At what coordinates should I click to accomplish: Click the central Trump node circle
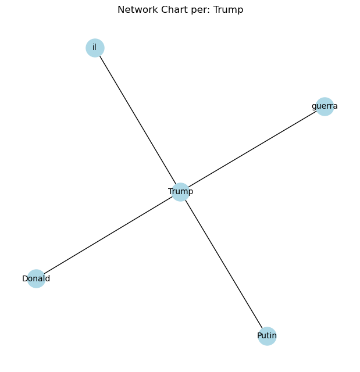tap(180, 192)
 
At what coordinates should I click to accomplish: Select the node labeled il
tap(95, 48)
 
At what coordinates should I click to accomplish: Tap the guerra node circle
tap(325, 106)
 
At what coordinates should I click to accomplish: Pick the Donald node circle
tap(36, 279)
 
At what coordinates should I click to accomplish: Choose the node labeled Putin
tap(267, 336)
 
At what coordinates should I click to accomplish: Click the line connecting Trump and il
tap(138, 120)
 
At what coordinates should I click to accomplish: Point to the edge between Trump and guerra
tap(252, 149)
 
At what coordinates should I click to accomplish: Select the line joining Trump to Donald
tap(108, 235)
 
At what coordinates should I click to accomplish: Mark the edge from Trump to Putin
tap(224, 264)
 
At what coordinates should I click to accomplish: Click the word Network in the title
tap(137, 10)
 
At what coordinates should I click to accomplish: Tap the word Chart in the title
tap(173, 10)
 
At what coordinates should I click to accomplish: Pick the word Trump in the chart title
tap(229, 10)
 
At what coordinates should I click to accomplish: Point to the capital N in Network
tap(121, 10)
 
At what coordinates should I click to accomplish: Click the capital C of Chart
tap(164, 10)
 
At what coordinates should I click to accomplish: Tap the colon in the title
tap(209, 11)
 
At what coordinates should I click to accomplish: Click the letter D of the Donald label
tap(25, 278)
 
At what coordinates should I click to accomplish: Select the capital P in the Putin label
tap(259, 336)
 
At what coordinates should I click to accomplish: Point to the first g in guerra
tap(314, 106)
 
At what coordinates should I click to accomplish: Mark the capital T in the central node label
tap(170, 191)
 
